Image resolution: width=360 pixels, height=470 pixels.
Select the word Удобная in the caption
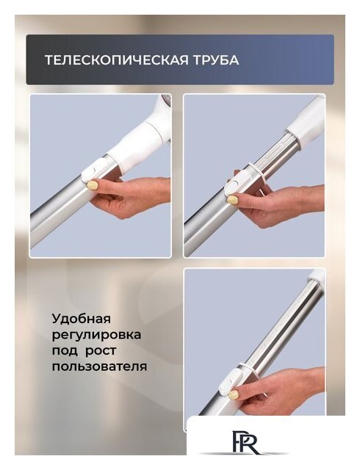pyautogui.click(x=81, y=319)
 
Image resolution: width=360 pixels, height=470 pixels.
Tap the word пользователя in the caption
pyautogui.click(x=99, y=365)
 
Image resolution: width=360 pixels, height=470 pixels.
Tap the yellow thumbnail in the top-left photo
pyautogui.click(x=93, y=185)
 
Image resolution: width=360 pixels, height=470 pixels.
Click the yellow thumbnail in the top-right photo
pyautogui.click(x=233, y=199)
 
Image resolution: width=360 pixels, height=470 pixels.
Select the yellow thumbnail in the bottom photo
pyautogui.click(x=234, y=394)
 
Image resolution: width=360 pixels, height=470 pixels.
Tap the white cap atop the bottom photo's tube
pyautogui.click(x=316, y=277)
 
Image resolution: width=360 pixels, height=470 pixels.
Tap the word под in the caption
pyautogui.click(x=64, y=350)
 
